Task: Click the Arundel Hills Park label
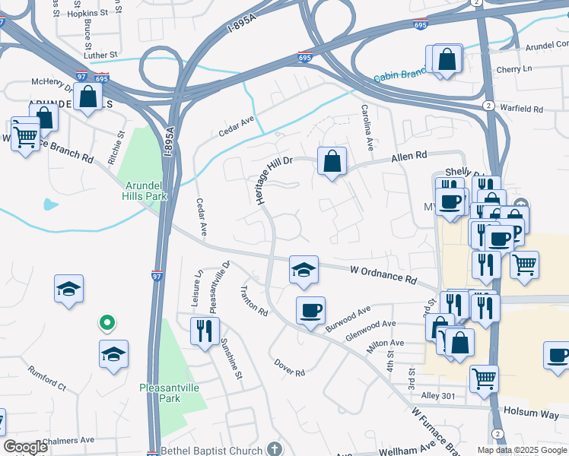pyautogui.click(x=144, y=189)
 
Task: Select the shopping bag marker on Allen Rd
pyautogui.click(x=332, y=162)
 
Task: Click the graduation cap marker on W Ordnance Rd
pyautogui.click(x=303, y=271)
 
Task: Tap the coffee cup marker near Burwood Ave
pyautogui.click(x=310, y=312)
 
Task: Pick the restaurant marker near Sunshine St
pyautogui.click(x=205, y=331)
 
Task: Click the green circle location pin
pyautogui.click(x=107, y=322)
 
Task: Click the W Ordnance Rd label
pyautogui.click(x=383, y=275)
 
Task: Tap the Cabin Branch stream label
pyautogui.click(x=400, y=74)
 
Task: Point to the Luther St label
pyautogui.click(x=101, y=55)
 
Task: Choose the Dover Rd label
pyautogui.click(x=289, y=368)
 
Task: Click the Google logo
pyautogui.click(x=25, y=446)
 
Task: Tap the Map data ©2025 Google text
pyautogui.click(x=521, y=450)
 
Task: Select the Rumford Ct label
pyautogui.click(x=48, y=377)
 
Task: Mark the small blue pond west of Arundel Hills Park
pyautogui.click(x=50, y=204)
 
